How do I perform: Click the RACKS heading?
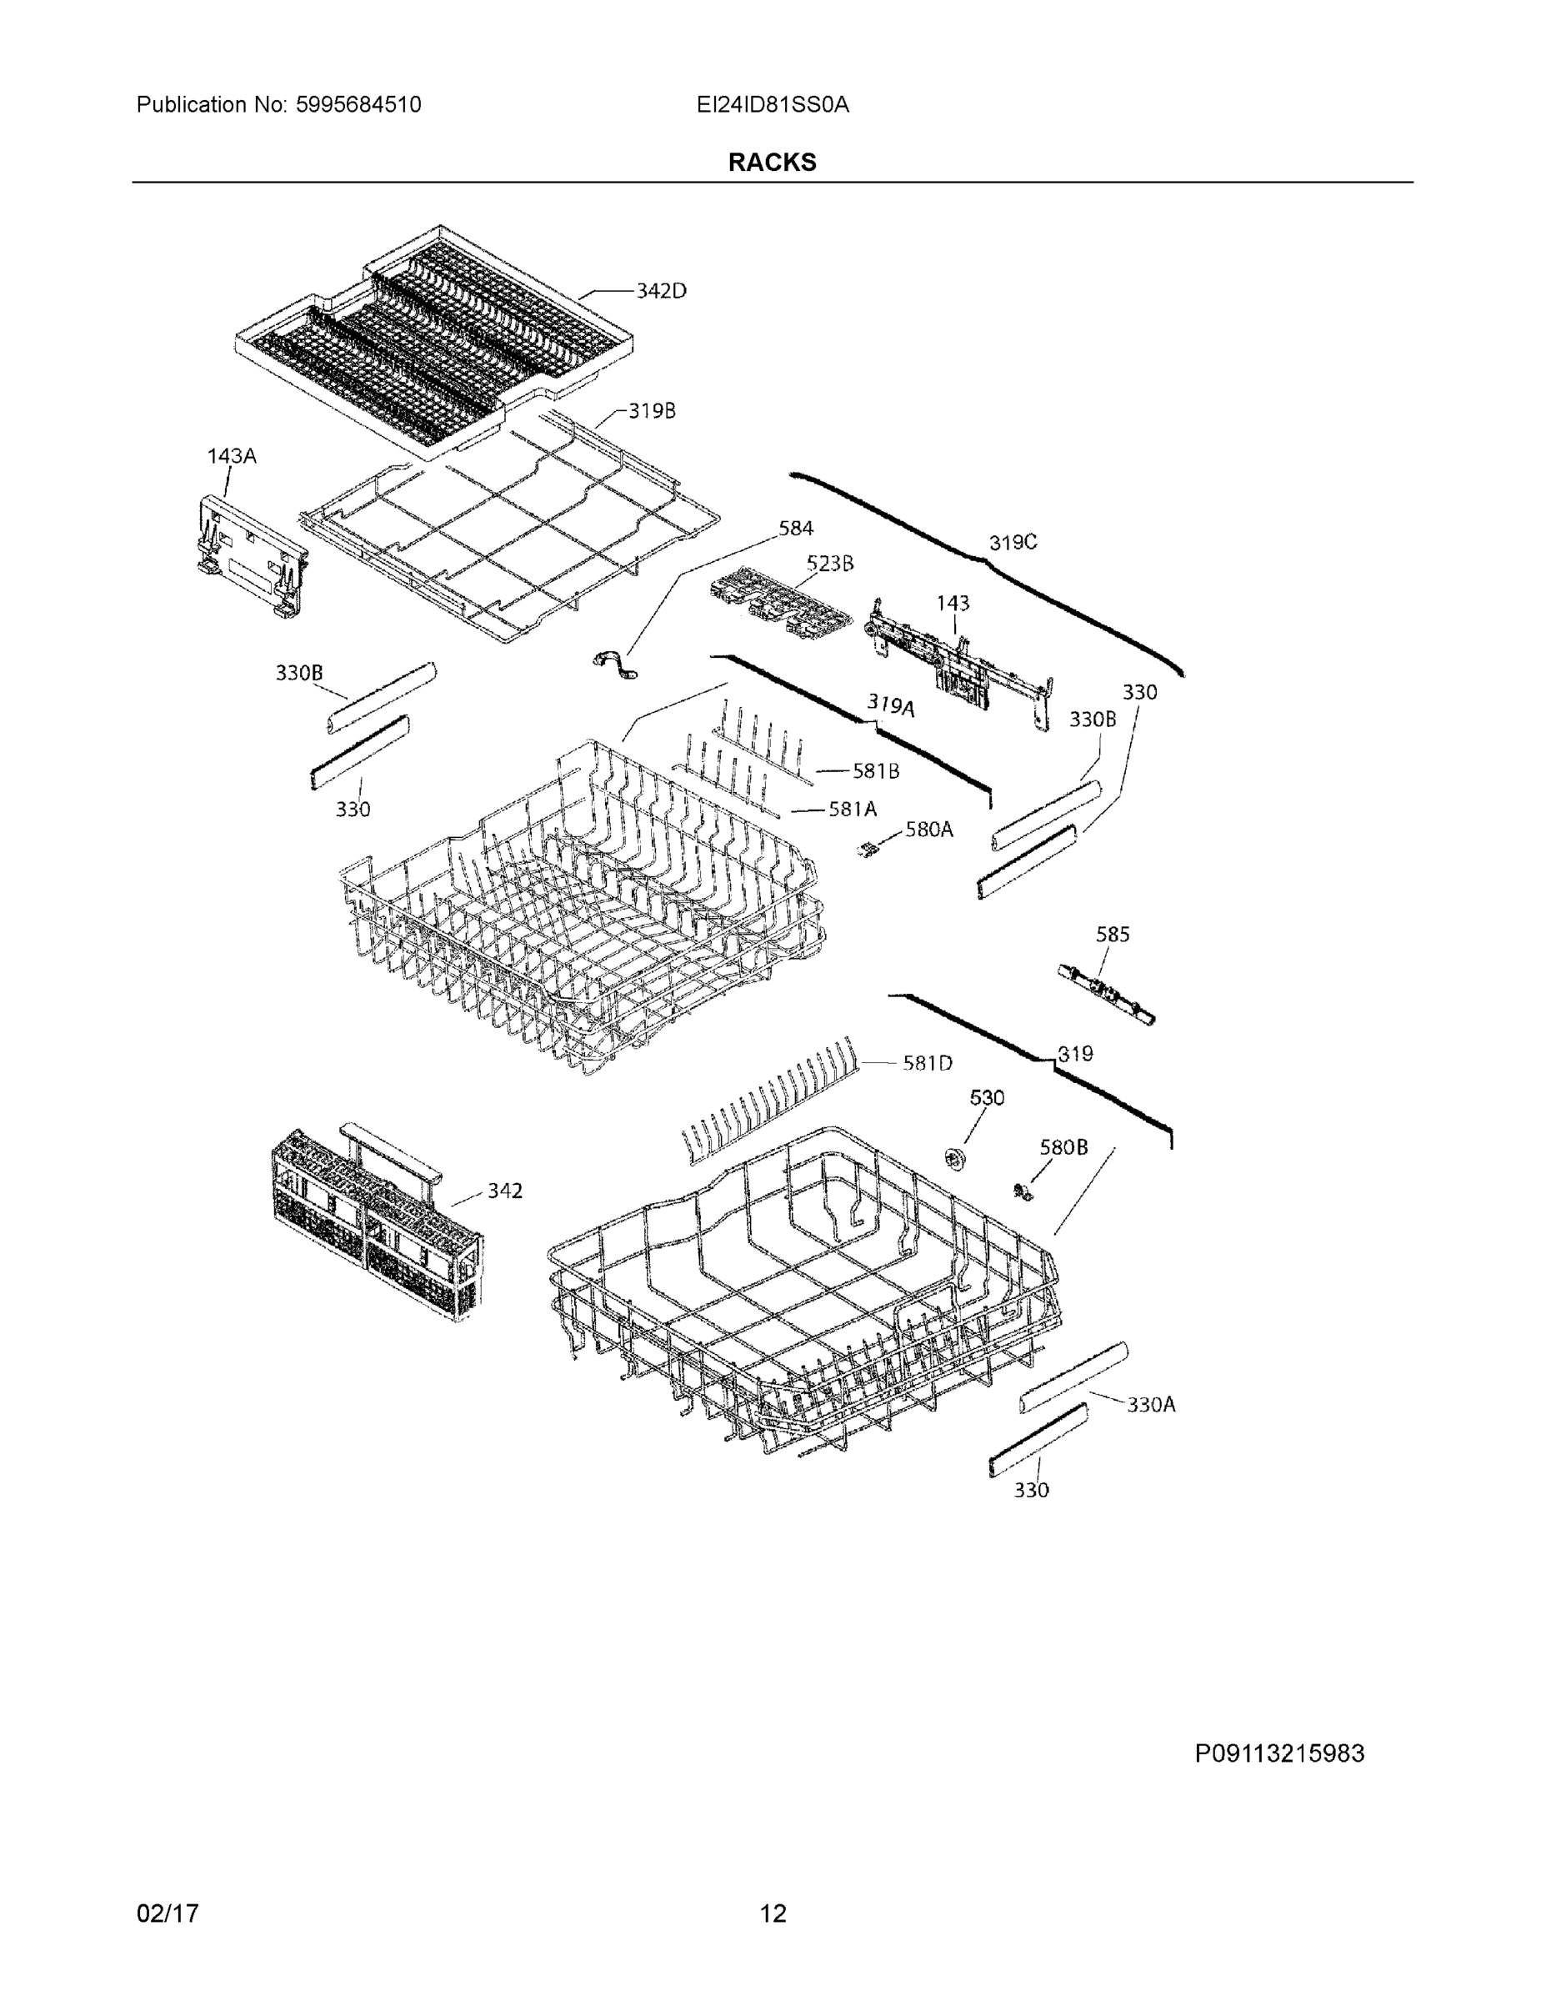(x=771, y=163)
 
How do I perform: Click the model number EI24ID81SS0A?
(x=772, y=105)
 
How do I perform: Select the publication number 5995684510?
(x=358, y=105)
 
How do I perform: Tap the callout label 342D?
(x=660, y=290)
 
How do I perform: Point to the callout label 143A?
(x=231, y=455)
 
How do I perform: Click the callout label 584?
(x=795, y=528)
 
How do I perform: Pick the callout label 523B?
(x=829, y=564)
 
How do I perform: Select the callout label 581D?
(x=927, y=1063)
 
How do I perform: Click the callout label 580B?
(x=1063, y=1147)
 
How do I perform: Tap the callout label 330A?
(x=1150, y=1405)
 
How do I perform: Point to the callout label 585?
(x=1113, y=935)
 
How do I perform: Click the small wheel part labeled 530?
(x=956, y=1158)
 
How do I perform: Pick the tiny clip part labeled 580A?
(x=865, y=851)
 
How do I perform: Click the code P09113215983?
(x=1278, y=1753)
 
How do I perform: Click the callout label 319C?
(x=1012, y=543)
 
